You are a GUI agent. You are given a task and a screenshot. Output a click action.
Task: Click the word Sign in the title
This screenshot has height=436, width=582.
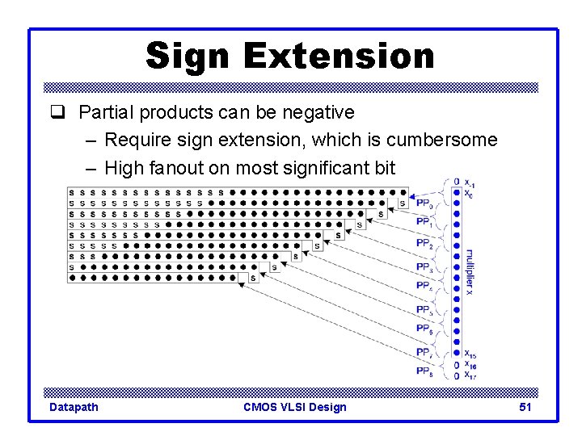click(x=188, y=57)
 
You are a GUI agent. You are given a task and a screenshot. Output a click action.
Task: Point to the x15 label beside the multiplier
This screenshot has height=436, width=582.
click(x=470, y=354)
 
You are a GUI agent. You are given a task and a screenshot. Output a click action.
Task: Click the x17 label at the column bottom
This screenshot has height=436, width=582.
click(x=470, y=375)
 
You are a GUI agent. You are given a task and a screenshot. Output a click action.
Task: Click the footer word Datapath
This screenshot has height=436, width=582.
click(x=74, y=407)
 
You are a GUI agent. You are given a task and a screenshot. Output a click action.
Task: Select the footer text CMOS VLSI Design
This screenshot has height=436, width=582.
click(x=294, y=407)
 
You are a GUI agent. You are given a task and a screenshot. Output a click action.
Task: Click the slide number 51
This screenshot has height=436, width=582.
click(x=525, y=407)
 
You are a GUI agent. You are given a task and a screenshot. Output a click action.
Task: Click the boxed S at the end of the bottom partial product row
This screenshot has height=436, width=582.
click(x=252, y=278)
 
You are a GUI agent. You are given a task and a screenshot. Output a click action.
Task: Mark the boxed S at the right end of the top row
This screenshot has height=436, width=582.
click(x=403, y=203)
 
